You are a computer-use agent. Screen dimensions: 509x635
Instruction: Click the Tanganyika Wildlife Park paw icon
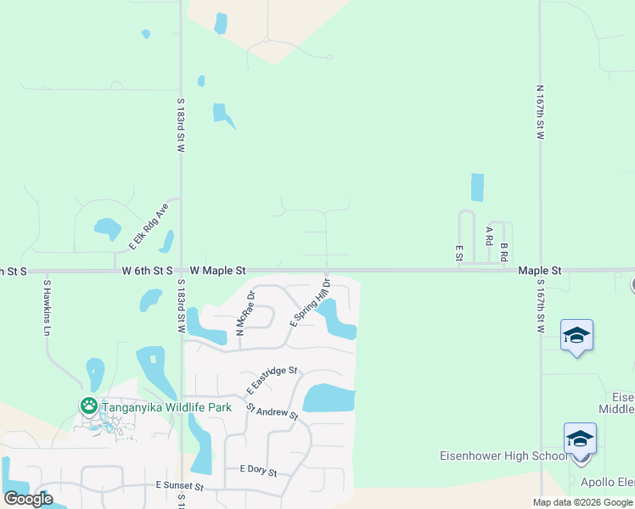tap(88, 406)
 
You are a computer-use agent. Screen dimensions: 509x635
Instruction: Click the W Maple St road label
tap(217, 270)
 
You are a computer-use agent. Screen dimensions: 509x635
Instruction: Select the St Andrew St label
tap(273, 411)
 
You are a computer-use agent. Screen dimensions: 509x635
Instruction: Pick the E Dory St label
tap(258, 468)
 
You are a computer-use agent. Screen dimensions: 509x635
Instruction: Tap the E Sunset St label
tap(179, 486)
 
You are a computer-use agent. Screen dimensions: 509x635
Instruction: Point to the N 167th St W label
tap(540, 112)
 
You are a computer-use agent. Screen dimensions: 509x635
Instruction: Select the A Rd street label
tap(489, 236)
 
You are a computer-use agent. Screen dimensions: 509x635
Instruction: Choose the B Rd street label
tap(503, 252)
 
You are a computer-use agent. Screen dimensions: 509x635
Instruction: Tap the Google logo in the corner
tap(28, 499)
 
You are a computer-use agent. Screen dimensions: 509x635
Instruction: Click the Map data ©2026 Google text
tap(583, 502)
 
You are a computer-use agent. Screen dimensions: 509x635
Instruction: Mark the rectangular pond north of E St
tap(477, 187)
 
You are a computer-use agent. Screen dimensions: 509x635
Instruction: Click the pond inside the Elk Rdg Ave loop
tap(108, 228)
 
